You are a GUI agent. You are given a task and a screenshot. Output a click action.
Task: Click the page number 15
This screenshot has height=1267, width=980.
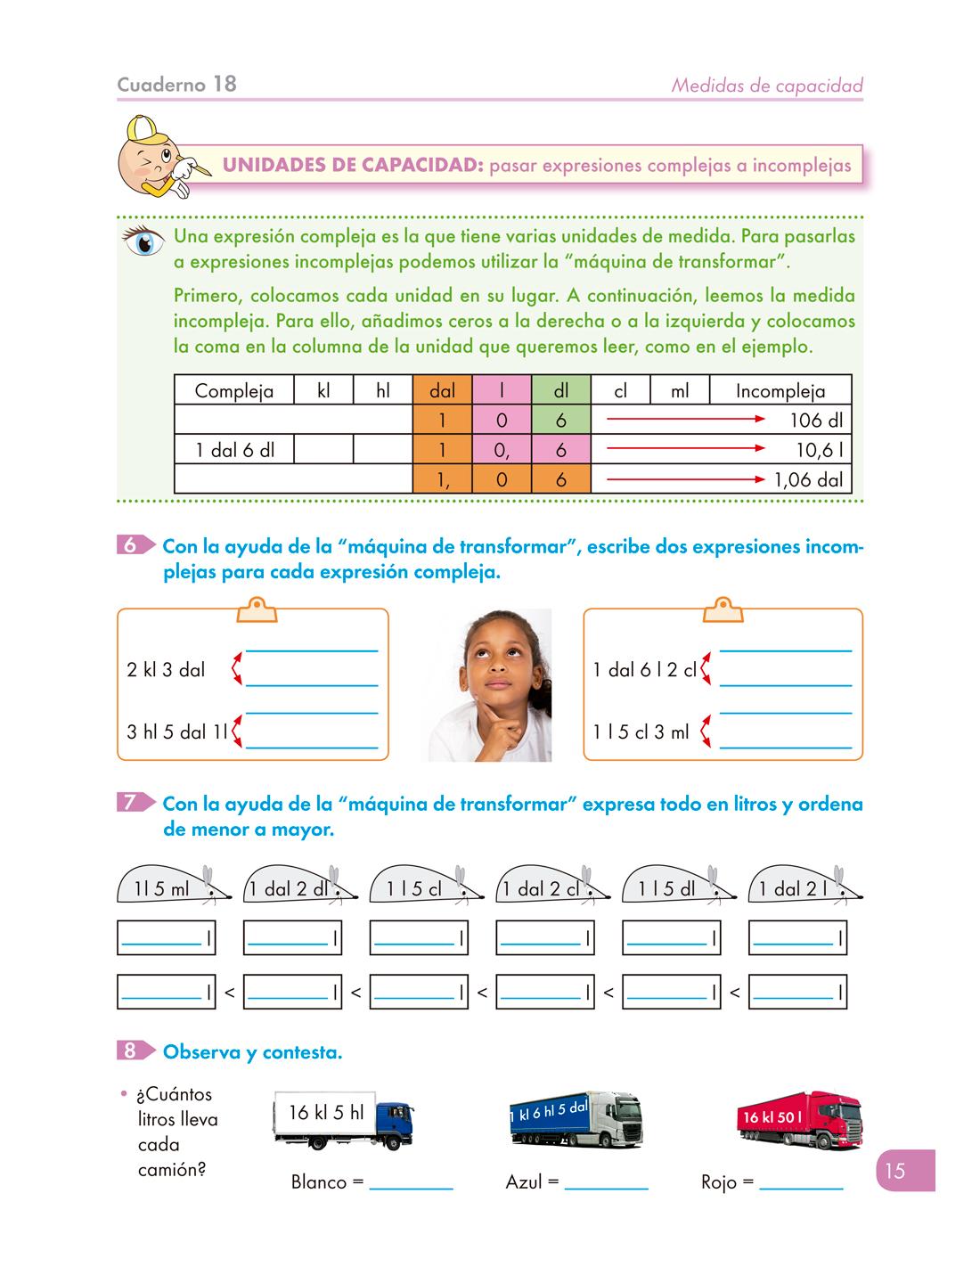pyautogui.click(x=895, y=1171)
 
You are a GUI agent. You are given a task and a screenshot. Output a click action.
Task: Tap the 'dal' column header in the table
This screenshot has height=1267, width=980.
pyautogui.click(x=442, y=390)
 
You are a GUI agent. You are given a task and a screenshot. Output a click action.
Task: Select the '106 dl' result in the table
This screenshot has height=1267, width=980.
pyautogui.click(x=815, y=421)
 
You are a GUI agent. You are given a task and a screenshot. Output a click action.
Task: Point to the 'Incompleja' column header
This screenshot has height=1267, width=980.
pyautogui.click(x=780, y=390)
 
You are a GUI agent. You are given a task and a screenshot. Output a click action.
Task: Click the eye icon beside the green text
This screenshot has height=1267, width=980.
pyautogui.click(x=144, y=241)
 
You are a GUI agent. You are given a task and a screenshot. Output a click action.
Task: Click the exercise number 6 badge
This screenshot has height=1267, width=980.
pyautogui.click(x=130, y=545)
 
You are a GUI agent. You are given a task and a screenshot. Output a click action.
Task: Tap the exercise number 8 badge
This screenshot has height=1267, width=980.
pyautogui.click(x=130, y=1051)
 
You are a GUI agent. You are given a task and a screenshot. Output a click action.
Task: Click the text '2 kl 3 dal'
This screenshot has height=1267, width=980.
pyautogui.click(x=166, y=670)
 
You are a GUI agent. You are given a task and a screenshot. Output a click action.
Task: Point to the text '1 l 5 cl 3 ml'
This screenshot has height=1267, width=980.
pyautogui.click(x=641, y=732)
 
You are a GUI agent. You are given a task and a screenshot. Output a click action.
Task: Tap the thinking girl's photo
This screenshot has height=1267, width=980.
pyautogui.click(x=491, y=684)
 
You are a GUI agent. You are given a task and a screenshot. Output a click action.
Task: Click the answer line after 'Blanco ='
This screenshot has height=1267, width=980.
pyautogui.click(x=411, y=1183)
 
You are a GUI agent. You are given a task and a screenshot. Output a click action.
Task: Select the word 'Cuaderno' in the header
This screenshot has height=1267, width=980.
pyautogui.click(x=161, y=85)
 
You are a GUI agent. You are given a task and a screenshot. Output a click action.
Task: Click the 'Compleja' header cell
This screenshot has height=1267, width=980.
pyautogui.click(x=233, y=390)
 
